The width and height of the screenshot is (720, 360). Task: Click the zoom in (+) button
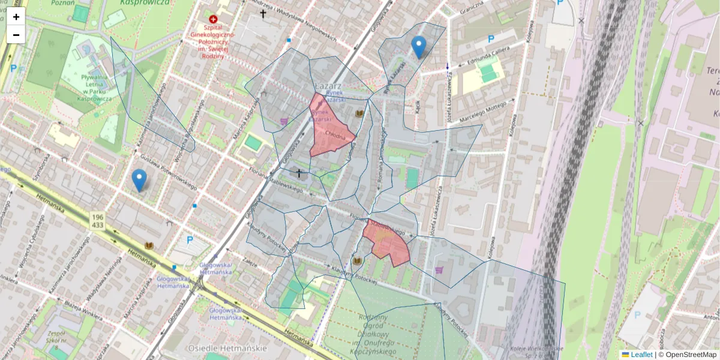point(16,17)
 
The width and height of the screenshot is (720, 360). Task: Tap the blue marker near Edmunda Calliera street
point(418,46)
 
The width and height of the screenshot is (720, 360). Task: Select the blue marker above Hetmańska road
point(139,179)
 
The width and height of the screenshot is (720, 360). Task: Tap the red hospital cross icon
point(212,19)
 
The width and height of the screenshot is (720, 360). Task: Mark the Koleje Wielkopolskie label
point(536,349)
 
